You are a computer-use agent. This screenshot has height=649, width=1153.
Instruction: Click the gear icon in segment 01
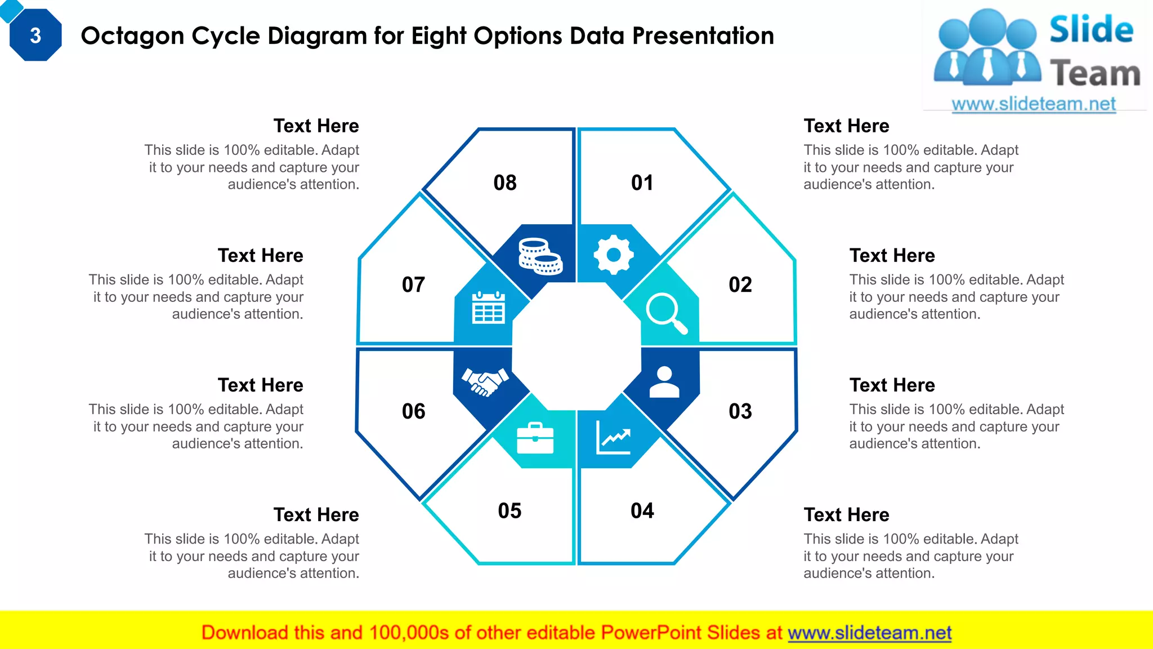click(x=614, y=255)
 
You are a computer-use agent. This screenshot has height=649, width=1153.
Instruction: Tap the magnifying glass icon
click(x=667, y=313)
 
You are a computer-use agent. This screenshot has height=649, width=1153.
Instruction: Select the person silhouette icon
click(x=664, y=382)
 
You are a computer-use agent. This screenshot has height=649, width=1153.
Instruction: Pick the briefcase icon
click(x=535, y=438)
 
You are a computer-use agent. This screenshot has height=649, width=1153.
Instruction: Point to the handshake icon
click(x=485, y=382)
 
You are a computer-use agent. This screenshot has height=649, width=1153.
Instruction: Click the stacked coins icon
click(x=540, y=256)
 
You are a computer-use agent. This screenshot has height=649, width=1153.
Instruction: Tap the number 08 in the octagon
click(x=505, y=183)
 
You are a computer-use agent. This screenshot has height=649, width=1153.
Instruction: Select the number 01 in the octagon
click(x=642, y=183)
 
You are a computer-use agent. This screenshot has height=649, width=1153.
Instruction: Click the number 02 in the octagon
click(x=740, y=285)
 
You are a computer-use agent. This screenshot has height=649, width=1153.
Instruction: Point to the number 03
click(x=740, y=411)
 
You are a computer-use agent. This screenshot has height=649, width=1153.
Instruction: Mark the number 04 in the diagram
click(x=642, y=510)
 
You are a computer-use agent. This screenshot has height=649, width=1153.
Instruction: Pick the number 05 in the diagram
click(x=510, y=510)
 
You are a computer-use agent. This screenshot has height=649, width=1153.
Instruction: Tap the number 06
click(x=414, y=411)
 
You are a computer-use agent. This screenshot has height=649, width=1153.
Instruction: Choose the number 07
click(x=414, y=285)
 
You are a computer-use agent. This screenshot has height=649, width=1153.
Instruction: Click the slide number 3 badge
click(x=35, y=35)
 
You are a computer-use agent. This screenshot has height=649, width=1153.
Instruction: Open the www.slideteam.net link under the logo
click(x=1034, y=104)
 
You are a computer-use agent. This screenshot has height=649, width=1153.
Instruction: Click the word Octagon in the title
click(x=133, y=36)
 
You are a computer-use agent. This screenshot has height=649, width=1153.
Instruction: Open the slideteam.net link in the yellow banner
click(x=869, y=633)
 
